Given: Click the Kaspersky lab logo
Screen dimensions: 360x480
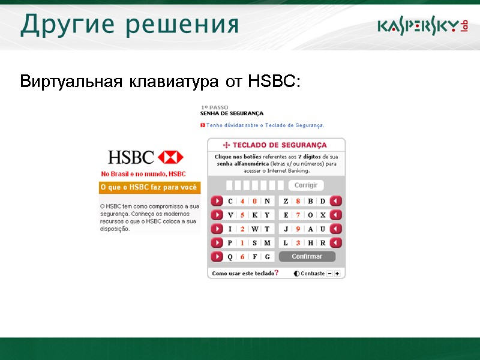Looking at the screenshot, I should click(422, 26).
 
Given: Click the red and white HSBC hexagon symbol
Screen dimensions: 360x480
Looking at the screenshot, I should click(171, 157).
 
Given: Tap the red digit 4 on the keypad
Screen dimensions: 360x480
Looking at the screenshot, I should click(242, 201).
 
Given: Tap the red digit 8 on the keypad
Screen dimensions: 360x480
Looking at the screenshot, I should click(298, 201).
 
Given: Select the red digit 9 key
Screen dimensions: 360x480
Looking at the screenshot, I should click(298, 229).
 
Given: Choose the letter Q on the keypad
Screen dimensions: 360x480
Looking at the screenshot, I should click(230, 257).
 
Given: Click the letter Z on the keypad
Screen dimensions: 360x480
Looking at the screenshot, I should click(286, 201).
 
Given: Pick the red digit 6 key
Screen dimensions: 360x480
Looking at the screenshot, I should click(242, 257).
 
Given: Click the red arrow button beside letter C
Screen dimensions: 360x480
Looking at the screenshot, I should click(217, 201).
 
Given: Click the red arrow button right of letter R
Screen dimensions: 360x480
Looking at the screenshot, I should click(336, 242).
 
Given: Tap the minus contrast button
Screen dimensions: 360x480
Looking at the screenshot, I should click(329, 274).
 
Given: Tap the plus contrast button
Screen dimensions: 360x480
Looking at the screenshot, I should click(337, 274).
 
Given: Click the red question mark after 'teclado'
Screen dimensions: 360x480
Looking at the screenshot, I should click(276, 273).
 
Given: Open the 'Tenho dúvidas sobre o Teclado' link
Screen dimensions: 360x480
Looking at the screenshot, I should click(265, 125).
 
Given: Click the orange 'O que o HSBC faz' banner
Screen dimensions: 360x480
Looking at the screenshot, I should click(149, 188).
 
